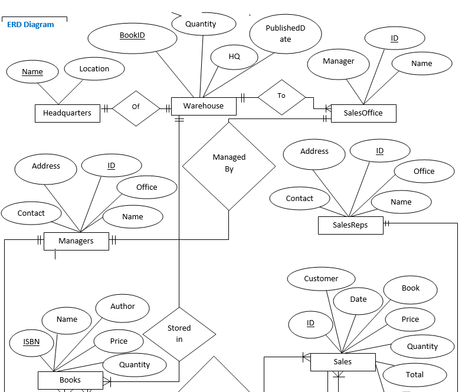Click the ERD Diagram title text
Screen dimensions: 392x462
tap(30, 25)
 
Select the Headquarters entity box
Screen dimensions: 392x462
tap(67, 113)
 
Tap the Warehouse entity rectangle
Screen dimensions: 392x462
tap(204, 106)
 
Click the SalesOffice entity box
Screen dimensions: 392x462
tap(363, 113)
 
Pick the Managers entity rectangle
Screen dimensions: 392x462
tap(76, 241)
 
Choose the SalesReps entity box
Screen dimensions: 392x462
tap(350, 225)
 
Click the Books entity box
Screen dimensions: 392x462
tap(70, 380)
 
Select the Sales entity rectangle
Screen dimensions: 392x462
tap(342, 362)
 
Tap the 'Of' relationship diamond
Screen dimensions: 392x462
tap(136, 107)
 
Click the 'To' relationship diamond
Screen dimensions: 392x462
tap(281, 96)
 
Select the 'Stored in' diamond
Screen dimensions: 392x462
tap(179, 334)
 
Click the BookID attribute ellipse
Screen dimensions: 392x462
tap(132, 36)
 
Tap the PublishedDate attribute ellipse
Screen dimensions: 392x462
tap(286, 34)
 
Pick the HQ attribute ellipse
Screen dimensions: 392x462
tap(234, 57)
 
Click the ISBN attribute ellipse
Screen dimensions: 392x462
tap(32, 342)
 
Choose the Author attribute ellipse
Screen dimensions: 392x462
tap(123, 307)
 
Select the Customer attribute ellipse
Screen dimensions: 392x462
tap(321, 279)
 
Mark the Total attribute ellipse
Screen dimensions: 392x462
tap(414, 375)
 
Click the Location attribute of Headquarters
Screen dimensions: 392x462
tap(94, 69)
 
